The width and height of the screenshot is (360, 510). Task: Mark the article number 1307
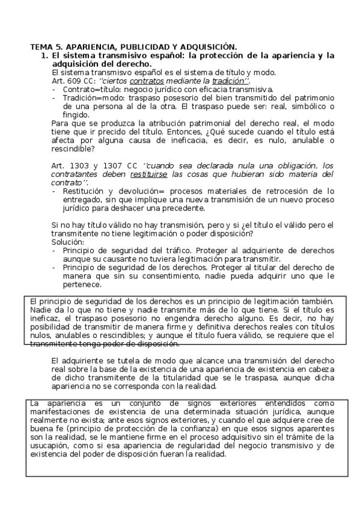click(118, 165)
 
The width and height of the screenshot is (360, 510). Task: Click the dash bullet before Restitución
click(54, 191)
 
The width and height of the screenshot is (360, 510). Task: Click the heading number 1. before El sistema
click(44, 55)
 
